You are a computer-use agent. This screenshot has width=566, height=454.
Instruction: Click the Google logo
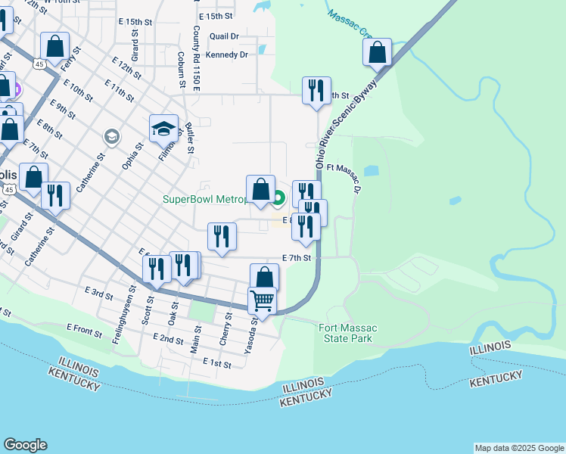coord(25,445)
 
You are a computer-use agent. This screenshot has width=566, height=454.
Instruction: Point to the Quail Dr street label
coord(224,36)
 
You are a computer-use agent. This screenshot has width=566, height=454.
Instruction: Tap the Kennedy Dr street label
coord(227,54)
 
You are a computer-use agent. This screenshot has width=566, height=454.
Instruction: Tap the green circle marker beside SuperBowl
coord(278,199)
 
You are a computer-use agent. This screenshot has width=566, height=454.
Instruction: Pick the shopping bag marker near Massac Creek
coord(377,53)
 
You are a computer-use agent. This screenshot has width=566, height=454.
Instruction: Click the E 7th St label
coord(297,258)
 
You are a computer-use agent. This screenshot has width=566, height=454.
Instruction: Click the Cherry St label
coord(225,331)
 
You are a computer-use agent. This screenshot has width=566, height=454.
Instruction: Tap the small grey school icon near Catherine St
coord(112,136)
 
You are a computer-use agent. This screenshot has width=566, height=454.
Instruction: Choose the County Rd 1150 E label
coord(195,59)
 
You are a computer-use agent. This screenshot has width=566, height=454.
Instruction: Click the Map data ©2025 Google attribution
coord(518,448)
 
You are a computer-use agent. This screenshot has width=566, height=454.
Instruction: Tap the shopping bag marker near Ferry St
coord(54,47)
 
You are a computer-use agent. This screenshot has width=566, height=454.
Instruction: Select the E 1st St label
coord(216,363)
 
